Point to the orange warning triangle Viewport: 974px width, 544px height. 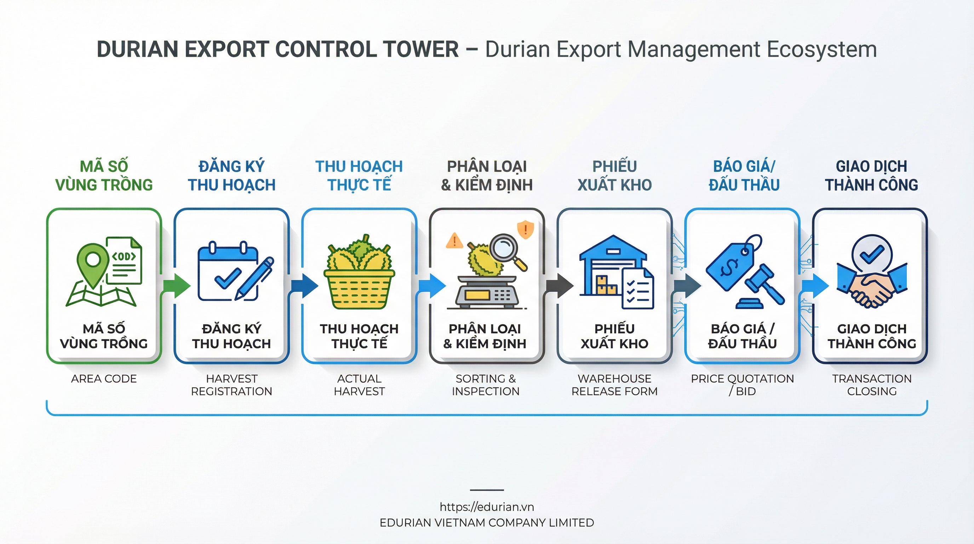click(454, 241)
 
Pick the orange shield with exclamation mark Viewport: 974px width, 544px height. click(525, 229)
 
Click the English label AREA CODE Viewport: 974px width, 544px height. click(104, 379)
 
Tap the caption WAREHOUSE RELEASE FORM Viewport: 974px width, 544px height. click(614, 385)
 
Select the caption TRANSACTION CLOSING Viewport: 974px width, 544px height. click(871, 385)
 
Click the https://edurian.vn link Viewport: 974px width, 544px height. click(487, 507)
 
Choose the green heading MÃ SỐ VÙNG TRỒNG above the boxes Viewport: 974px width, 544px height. click(104, 176)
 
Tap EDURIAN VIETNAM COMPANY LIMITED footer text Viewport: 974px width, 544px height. click(487, 523)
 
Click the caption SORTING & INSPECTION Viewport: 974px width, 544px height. click(486, 385)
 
